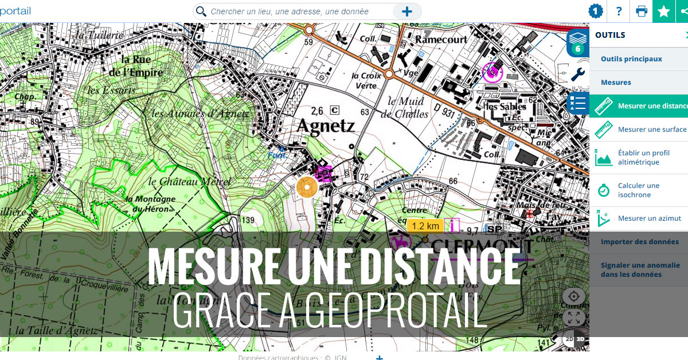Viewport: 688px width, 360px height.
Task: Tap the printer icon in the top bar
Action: [642, 11]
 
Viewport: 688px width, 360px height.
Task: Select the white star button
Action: [663, 11]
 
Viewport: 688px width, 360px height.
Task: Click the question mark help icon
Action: [619, 11]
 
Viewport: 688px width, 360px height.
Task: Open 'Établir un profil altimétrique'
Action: [642, 158]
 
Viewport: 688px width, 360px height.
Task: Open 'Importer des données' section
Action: [639, 242]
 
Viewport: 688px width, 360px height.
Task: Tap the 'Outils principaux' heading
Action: [631, 59]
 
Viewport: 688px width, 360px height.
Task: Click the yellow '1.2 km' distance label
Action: [425, 226]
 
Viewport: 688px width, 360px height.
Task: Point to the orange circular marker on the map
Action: [307, 187]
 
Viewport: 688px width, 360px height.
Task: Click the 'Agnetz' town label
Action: [326, 126]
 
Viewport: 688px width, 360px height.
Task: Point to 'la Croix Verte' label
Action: [364, 81]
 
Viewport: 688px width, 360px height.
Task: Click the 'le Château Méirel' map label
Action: [189, 182]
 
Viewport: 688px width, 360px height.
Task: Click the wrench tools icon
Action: [578, 75]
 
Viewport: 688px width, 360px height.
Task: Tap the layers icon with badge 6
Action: [577, 43]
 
